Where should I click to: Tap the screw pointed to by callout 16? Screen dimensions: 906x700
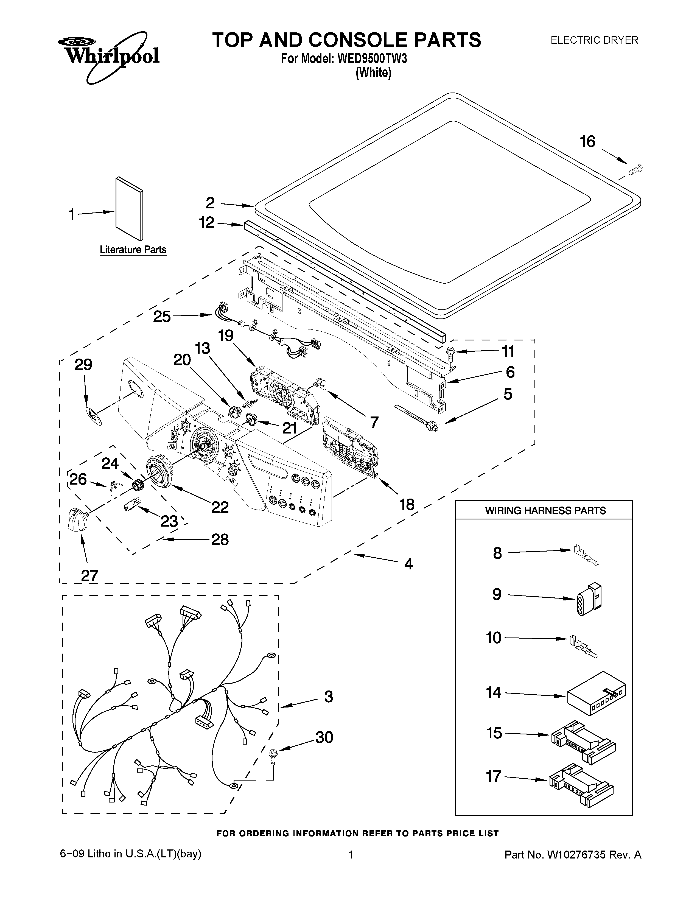click(x=636, y=169)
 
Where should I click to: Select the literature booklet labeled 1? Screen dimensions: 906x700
click(x=129, y=209)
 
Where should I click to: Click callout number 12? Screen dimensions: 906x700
click(x=206, y=223)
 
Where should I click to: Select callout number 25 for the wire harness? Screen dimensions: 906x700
click(x=162, y=317)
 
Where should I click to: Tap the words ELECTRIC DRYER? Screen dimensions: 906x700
click(x=594, y=40)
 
